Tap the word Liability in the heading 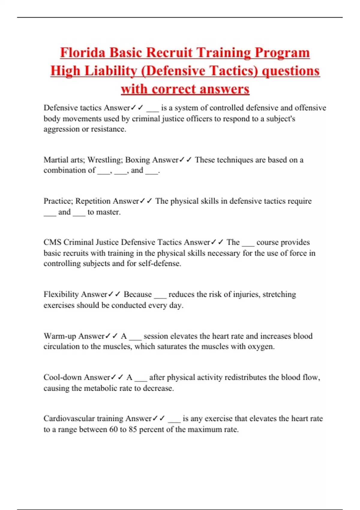pyautogui.click(x=109, y=71)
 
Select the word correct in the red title pyautogui.click(x=173, y=89)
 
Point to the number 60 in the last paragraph pyautogui.click(x=113, y=429)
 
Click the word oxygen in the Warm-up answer pyautogui.click(x=260, y=347)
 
